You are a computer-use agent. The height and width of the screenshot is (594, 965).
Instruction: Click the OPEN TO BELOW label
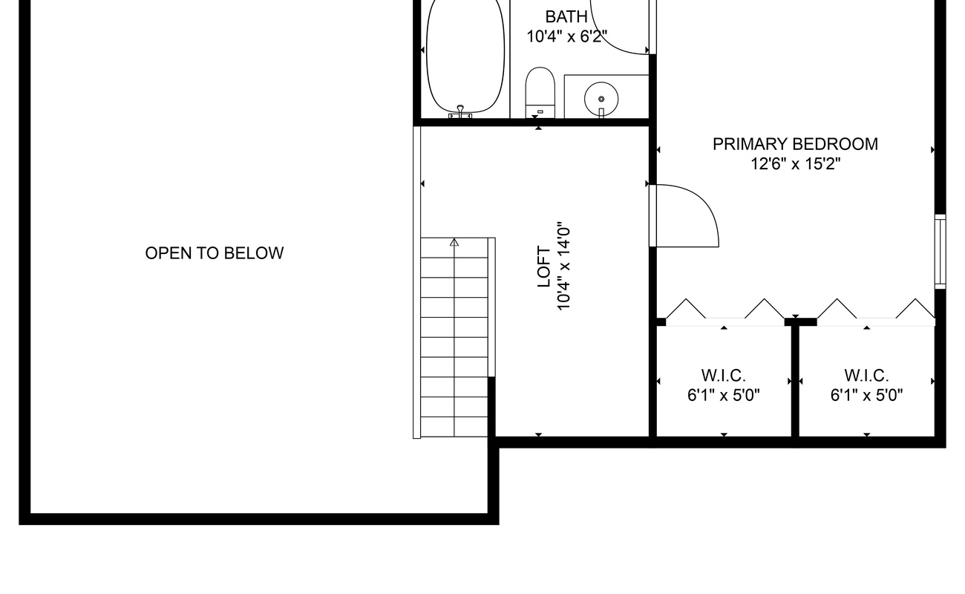point(214,253)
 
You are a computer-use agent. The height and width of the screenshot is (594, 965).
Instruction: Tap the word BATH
point(566,17)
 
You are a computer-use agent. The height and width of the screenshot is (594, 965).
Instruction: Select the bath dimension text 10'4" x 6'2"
point(566,36)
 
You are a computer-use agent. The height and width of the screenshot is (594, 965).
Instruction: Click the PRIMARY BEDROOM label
point(795,144)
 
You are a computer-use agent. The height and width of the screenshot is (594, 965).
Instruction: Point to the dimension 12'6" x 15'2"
point(795,164)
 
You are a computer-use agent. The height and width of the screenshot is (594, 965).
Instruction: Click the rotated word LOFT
point(544,267)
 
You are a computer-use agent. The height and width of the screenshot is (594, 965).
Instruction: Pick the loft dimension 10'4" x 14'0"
point(564,267)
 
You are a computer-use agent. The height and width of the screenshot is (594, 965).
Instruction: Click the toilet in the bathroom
point(540,92)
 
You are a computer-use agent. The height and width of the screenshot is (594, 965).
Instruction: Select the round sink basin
point(601,99)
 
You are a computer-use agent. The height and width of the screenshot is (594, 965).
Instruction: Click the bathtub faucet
point(460,111)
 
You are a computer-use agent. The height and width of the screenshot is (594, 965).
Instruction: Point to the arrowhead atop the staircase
point(454,242)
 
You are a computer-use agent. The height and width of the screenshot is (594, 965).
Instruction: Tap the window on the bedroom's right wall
point(940,252)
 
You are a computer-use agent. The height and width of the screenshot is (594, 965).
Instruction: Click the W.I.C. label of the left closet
point(723,376)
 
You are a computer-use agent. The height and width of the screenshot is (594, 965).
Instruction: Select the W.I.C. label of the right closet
point(866,376)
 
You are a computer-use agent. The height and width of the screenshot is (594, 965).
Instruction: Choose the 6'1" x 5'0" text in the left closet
point(723,395)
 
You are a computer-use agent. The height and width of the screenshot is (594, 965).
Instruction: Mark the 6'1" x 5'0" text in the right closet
point(866,395)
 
